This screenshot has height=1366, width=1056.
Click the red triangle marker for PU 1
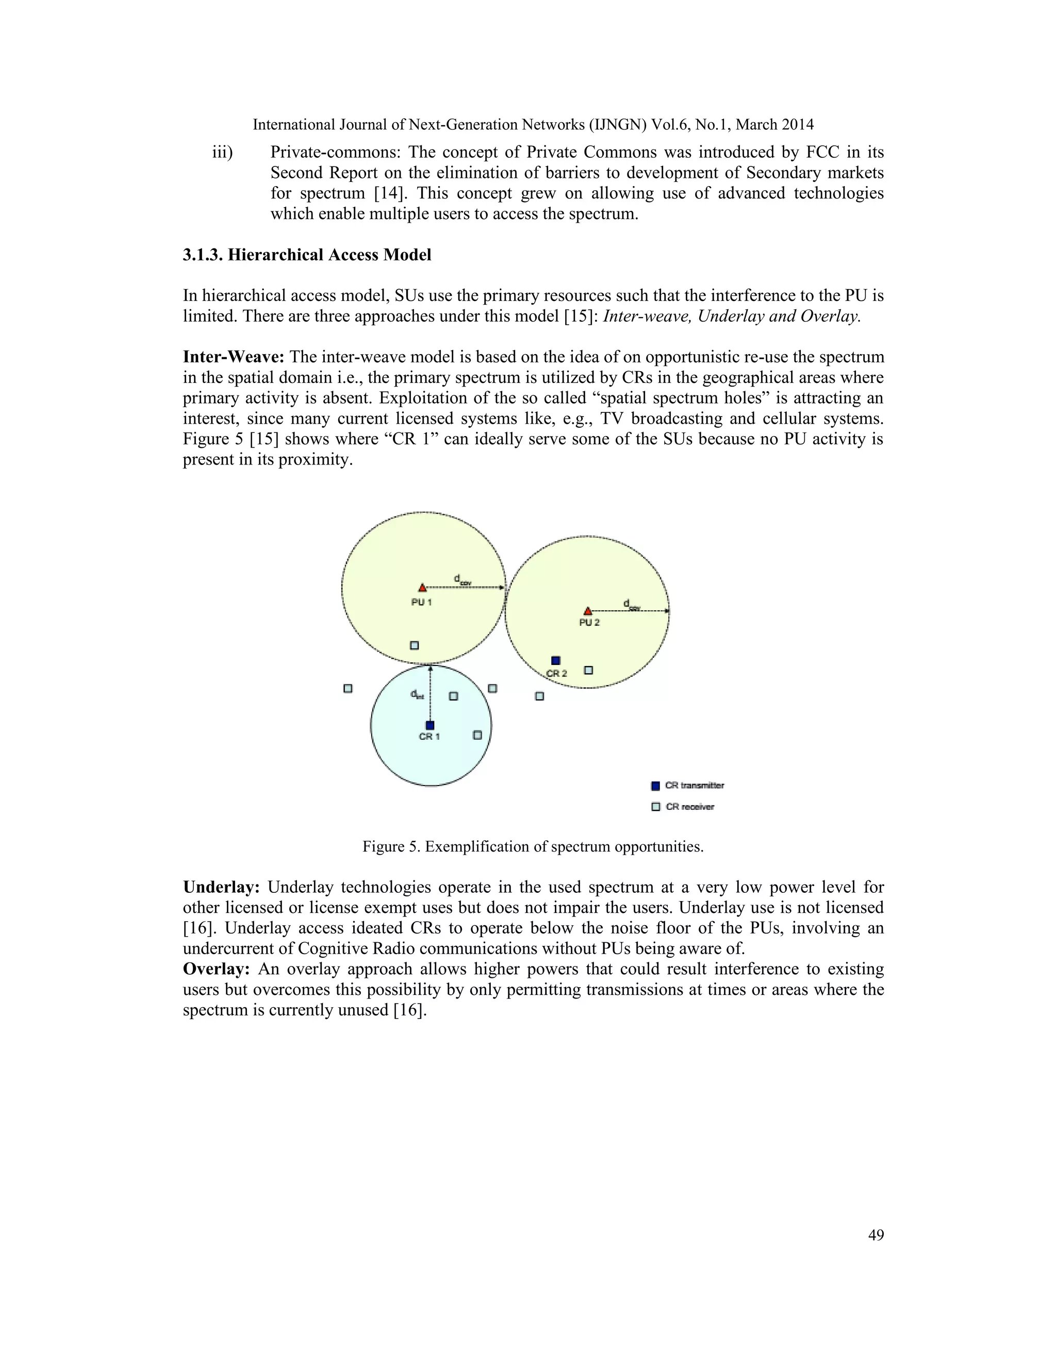click(x=422, y=588)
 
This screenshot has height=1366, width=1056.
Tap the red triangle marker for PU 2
click(x=587, y=611)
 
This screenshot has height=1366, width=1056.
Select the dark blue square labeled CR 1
click(x=430, y=726)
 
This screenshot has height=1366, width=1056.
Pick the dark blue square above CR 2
click(x=555, y=660)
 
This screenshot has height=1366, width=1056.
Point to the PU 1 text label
click(x=422, y=602)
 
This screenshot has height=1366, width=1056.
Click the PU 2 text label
click(x=589, y=623)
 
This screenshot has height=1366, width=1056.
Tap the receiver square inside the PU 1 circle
click(x=414, y=645)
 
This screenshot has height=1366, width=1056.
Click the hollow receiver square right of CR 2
click(x=588, y=670)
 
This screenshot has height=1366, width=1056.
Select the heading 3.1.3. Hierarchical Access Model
click(x=307, y=255)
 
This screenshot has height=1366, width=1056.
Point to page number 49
click(x=876, y=1235)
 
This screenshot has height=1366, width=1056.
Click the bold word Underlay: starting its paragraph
click(x=221, y=888)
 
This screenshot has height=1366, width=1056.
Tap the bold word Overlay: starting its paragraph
click(x=217, y=970)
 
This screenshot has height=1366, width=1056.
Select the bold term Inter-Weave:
click(x=234, y=357)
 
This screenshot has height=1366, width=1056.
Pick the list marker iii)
click(x=222, y=153)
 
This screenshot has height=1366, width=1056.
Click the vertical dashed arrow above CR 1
click(x=431, y=694)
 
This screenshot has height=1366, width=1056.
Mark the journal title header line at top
click(x=533, y=124)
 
